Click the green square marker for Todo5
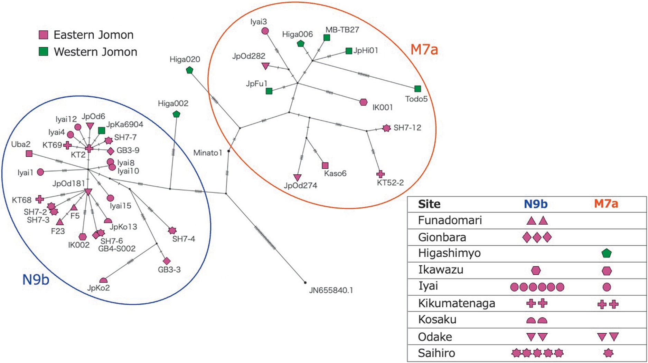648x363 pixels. click(x=417, y=89)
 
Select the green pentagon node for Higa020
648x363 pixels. click(x=189, y=70)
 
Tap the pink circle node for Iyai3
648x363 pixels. click(x=265, y=31)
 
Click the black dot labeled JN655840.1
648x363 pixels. click(x=305, y=283)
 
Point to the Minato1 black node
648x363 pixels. click(x=229, y=151)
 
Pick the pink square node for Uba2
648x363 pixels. click(x=29, y=154)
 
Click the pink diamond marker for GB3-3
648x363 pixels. click(x=167, y=261)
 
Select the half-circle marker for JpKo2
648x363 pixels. click(x=103, y=280)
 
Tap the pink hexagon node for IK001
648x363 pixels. click(x=363, y=102)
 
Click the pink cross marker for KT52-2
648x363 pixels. click(x=381, y=174)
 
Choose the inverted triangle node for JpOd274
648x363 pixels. click(x=297, y=177)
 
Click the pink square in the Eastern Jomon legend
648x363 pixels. click(x=43, y=35)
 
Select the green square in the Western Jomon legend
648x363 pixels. click(x=43, y=52)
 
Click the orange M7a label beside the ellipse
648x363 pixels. click(x=424, y=50)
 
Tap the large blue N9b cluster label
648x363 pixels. click(x=36, y=279)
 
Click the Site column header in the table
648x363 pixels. click(x=429, y=204)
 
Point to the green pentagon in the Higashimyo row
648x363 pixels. click(x=607, y=253)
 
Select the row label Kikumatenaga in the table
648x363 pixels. click(x=457, y=303)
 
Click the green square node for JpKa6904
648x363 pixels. click(x=102, y=130)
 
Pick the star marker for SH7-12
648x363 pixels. click(x=386, y=128)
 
